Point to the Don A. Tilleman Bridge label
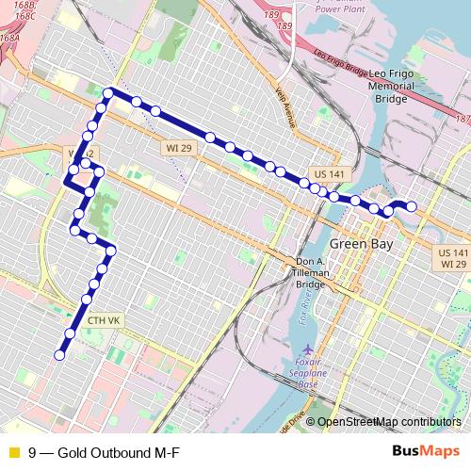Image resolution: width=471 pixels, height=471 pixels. pyautogui.click(x=311, y=273)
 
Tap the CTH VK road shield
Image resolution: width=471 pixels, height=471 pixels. pyautogui.click(x=104, y=321)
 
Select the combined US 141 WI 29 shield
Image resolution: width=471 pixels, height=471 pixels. pyautogui.click(x=453, y=259)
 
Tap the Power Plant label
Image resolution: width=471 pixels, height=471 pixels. pyautogui.click(x=340, y=8)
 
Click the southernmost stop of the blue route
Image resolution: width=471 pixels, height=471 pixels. pyautogui.click(x=59, y=355)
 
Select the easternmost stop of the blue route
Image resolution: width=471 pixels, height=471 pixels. pyautogui.click(x=412, y=207)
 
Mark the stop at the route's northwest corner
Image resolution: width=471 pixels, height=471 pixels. pyautogui.click(x=109, y=93)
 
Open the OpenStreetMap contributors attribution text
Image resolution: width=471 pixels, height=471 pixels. pyautogui.click(x=389, y=423)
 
